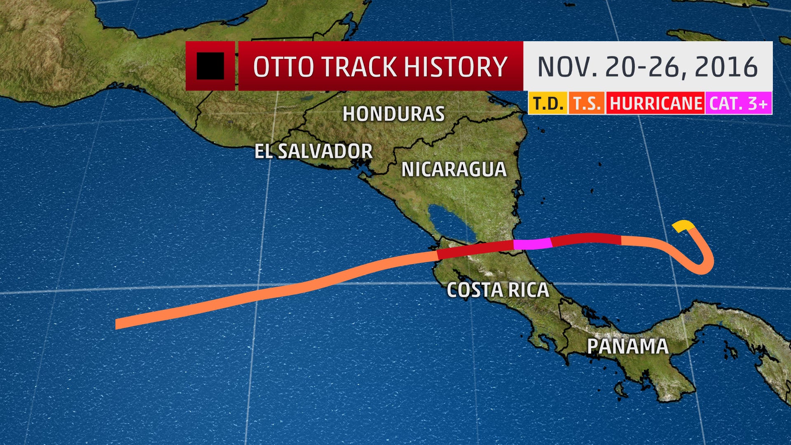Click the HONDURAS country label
(x=393, y=114)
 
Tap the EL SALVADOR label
(x=314, y=151)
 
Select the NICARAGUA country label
(x=454, y=169)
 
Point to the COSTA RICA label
(x=498, y=290)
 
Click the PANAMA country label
(x=627, y=346)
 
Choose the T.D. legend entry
(x=548, y=103)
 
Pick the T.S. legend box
(x=587, y=103)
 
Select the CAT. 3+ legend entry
(x=738, y=103)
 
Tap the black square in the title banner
(x=210, y=66)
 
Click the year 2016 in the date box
(x=726, y=67)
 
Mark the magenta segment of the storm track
(x=532, y=244)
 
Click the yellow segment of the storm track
(x=683, y=225)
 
